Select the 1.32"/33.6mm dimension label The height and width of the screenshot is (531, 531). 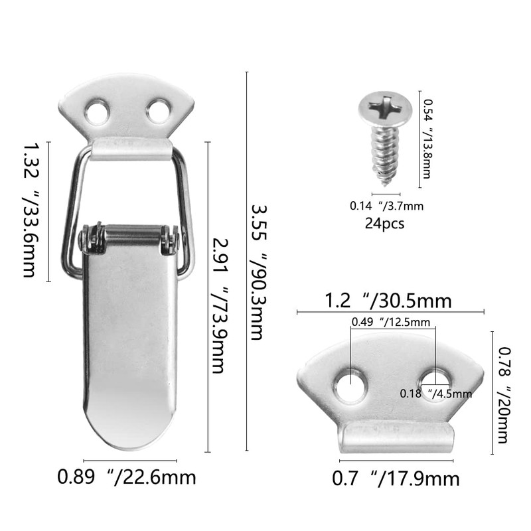pyautogui.click(x=31, y=210)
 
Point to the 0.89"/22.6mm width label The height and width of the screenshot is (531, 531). pyautogui.click(x=127, y=477)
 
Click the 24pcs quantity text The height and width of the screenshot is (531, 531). pyautogui.click(x=384, y=223)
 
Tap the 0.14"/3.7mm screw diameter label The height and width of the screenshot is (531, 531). pyautogui.click(x=386, y=206)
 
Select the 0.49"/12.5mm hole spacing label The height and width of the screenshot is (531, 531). pyautogui.click(x=391, y=323)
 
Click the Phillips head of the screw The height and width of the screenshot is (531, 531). pyautogui.click(x=381, y=108)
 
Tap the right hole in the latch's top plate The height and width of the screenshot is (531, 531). pyautogui.click(x=159, y=111)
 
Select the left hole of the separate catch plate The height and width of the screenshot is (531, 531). pyautogui.click(x=349, y=386)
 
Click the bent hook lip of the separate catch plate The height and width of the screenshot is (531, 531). pyautogui.click(x=397, y=439)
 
